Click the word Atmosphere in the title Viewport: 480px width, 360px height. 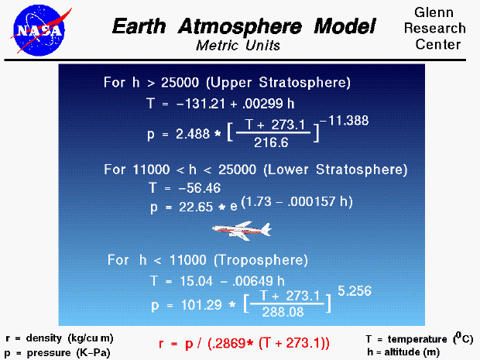click(x=244, y=27)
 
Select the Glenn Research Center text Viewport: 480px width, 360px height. click(x=440, y=29)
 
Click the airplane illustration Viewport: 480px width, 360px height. click(x=242, y=230)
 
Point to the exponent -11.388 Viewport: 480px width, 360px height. click(x=345, y=120)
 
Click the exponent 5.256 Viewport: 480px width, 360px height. click(x=354, y=291)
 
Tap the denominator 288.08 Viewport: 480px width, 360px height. click(x=288, y=310)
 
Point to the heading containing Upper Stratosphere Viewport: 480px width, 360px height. click(x=227, y=82)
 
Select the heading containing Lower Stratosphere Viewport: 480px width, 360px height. click(x=255, y=169)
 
